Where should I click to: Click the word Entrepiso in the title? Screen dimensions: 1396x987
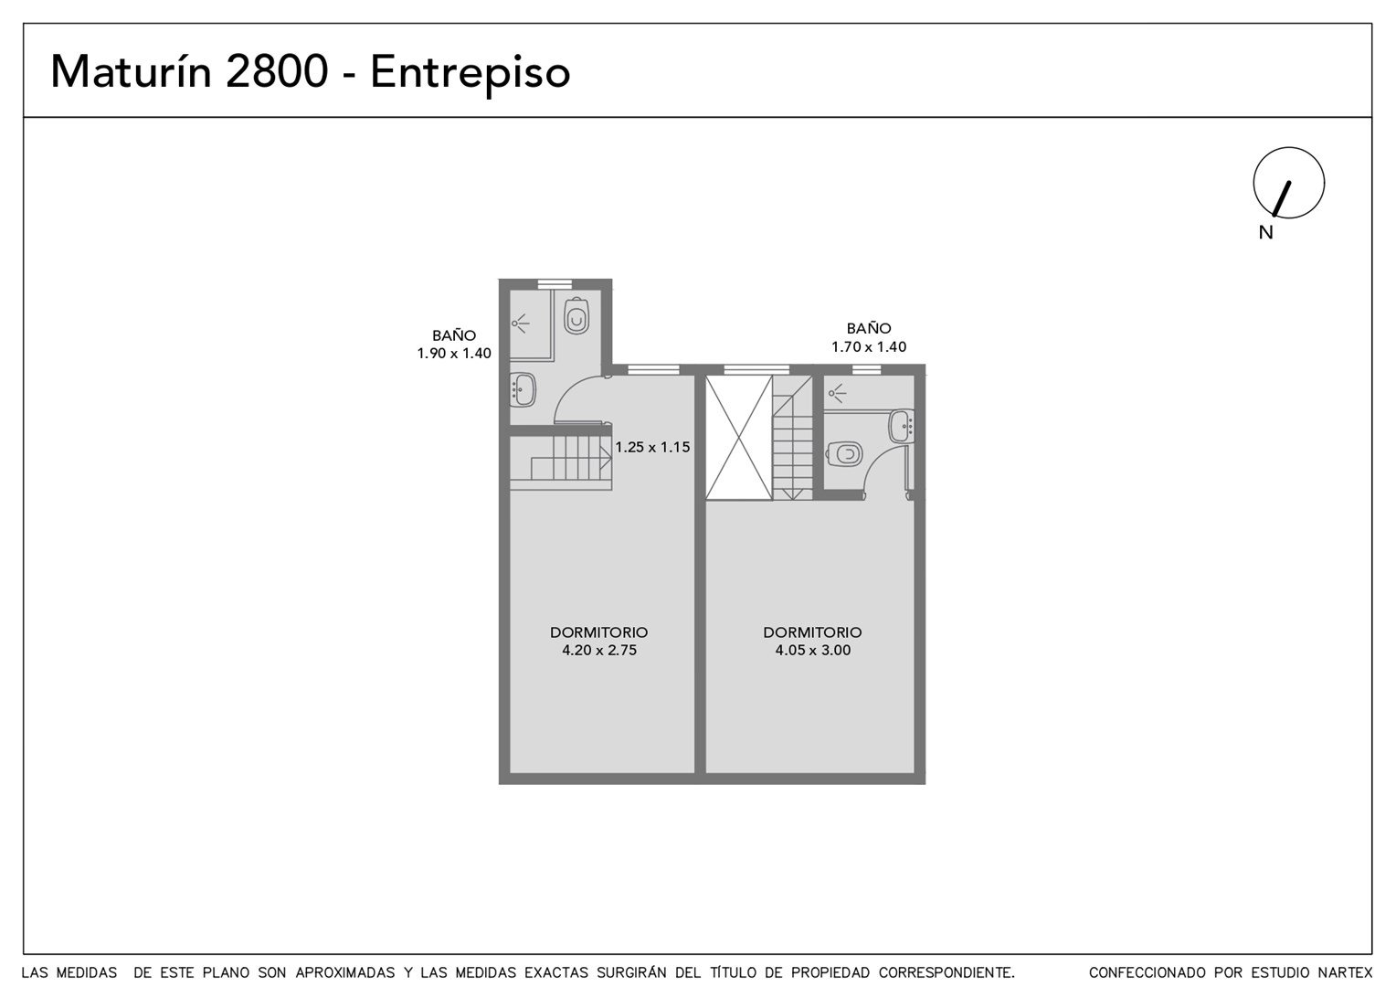pyautogui.click(x=470, y=74)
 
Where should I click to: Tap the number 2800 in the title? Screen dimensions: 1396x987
pyautogui.click(x=277, y=71)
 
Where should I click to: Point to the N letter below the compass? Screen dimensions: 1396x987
pyautogui.click(x=1265, y=232)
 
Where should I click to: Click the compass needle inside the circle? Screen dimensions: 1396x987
pyautogui.click(x=1281, y=199)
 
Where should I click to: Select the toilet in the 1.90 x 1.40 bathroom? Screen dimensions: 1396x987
pyautogui.click(x=576, y=316)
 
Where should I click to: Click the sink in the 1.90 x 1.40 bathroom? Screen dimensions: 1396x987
pyautogui.click(x=523, y=389)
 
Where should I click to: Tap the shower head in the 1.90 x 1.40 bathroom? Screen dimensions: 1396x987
pyautogui.click(x=520, y=324)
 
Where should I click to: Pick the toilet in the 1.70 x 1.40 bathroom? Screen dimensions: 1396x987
pyautogui.click(x=844, y=454)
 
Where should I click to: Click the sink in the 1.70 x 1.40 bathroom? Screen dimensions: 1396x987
pyautogui.click(x=901, y=426)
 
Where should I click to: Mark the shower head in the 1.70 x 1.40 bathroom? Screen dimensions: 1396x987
pyautogui.click(x=837, y=393)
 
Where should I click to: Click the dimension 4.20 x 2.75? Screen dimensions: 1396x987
pyautogui.click(x=599, y=651)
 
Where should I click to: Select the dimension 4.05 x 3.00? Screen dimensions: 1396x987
pyautogui.click(x=813, y=651)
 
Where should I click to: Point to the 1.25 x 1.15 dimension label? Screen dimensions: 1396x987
pyautogui.click(x=652, y=447)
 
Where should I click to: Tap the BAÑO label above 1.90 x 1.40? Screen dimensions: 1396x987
pyautogui.click(x=454, y=334)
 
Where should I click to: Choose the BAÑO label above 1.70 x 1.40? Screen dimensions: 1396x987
pyautogui.click(x=869, y=327)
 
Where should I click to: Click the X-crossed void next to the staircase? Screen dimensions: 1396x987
pyautogui.click(x=739, y=437)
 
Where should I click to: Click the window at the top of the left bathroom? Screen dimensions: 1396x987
pyautogui.click(x=555, y=284)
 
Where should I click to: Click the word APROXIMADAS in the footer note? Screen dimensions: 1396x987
pyautogui.click(x=345, y=972)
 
